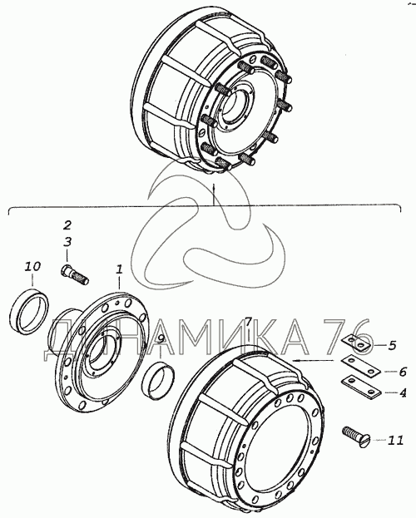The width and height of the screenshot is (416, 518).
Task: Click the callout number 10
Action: [x=32, y=266]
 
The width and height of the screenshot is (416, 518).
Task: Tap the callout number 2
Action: [x=67, y=225]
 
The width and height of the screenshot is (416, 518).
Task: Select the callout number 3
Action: [x=67, y=242]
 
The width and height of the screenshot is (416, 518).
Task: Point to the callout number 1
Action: [x=119, y=269]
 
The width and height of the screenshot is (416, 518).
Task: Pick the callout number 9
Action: [x=161, y=338]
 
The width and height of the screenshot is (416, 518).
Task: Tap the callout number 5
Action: [x=392, y=346]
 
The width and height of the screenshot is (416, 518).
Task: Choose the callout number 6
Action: [x=403, y=372]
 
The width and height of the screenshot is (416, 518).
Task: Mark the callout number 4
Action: [x=403, y=393]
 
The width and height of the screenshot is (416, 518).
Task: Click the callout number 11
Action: [x=395, y=440]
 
